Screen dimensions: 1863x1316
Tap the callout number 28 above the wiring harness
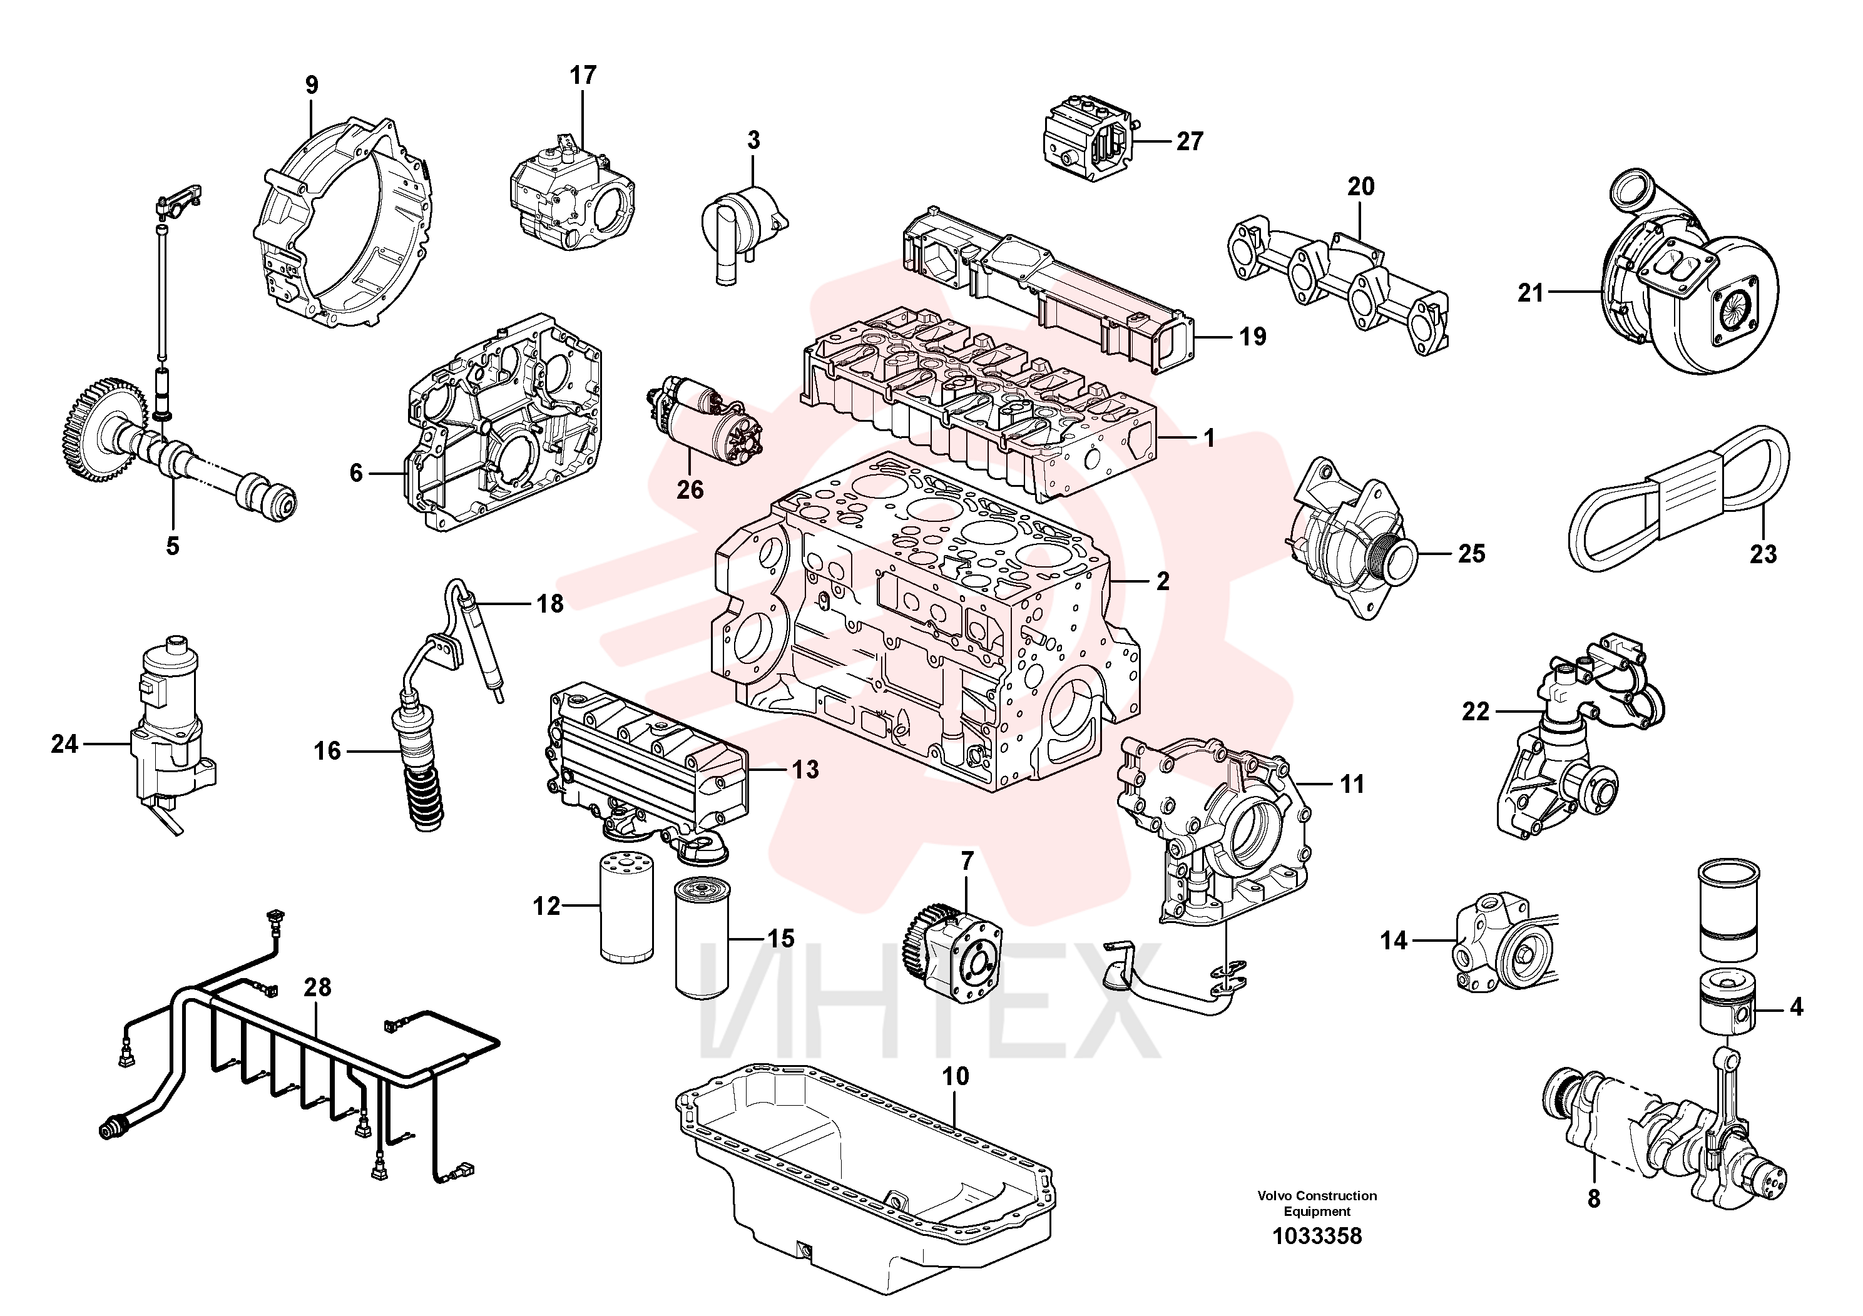coord(317,987)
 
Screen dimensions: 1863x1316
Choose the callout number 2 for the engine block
coord(1163,581)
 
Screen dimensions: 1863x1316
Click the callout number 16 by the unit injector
coord(327,752)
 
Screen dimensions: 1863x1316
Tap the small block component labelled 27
coord(1087,143)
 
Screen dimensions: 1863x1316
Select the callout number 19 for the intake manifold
coord(1253,337)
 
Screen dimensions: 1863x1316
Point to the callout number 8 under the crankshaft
coord(1594,1198)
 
